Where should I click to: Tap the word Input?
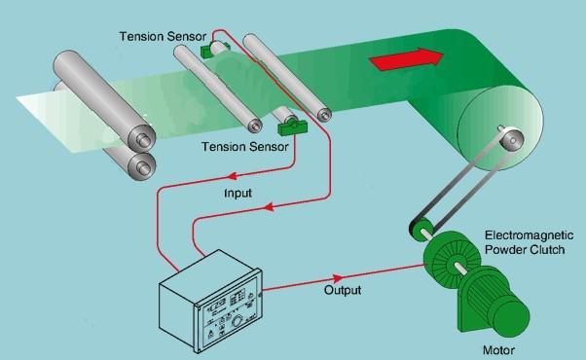(238, 194)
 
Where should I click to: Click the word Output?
(342, 290)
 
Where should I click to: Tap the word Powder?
(505, 250)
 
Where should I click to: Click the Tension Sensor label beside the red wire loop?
(162, 36)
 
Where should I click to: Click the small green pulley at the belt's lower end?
(420, 232)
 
